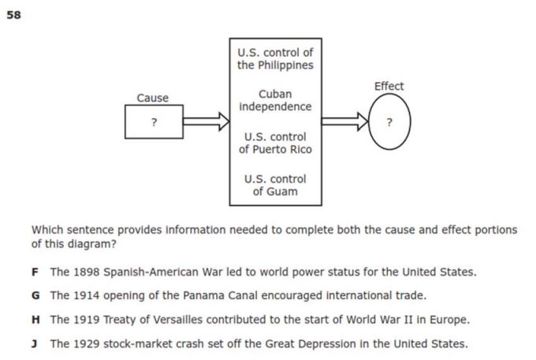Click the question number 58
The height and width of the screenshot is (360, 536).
(x=13, y=15)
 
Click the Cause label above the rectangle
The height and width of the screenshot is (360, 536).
(x=152, y=98)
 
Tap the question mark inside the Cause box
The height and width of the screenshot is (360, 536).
(x=154, y=122)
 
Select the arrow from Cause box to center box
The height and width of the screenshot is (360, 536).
(x=207, y=121)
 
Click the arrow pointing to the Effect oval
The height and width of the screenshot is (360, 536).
(x=345, y=121)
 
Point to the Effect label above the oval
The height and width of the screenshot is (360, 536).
(x=389, y=86)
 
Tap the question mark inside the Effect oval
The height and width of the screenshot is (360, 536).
(x=389, y=122)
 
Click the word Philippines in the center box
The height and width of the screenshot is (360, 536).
(x=285, y=65)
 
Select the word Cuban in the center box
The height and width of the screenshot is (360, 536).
(x=275, y=94)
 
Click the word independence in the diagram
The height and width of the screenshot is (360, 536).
(x=275, y=106)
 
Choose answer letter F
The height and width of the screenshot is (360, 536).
(x=35, y=273)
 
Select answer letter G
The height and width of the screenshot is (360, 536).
(x=35, y=295)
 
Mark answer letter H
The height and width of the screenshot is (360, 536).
(x=35, y=320)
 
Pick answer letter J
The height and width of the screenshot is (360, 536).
(x=34, y=343)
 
